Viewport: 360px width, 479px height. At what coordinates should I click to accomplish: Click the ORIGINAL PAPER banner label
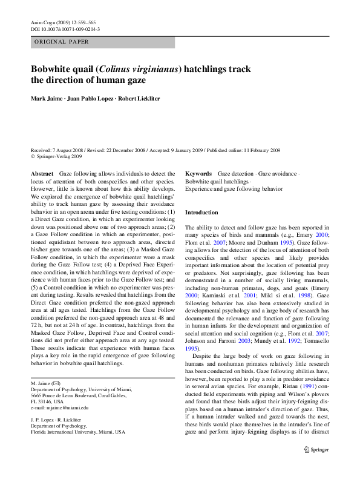click(61, 42)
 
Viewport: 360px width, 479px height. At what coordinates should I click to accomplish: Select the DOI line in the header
click(65, 29)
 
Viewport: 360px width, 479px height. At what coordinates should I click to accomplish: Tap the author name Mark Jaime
click(47, 99)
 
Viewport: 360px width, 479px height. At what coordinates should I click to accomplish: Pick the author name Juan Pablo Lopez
click(90, 99)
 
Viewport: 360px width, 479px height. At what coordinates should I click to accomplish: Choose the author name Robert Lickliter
click(139, 99)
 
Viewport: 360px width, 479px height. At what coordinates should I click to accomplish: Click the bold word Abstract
click(42, 174)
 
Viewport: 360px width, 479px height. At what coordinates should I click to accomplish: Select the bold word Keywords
click(198, 174)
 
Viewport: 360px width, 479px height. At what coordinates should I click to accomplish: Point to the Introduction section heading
click(201, 213)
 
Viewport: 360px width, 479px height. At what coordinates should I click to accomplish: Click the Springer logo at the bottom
click(316, 450)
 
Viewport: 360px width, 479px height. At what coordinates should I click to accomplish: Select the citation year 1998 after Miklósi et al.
click(304, 296)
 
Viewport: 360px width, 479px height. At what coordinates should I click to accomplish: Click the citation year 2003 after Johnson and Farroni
click(244, 341)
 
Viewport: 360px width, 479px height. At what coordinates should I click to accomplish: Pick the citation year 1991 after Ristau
click(309, 386)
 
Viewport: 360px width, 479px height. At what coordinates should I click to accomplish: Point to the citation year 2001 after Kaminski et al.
click(250, 296)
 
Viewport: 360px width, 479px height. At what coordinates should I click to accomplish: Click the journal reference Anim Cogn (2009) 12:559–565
click(63, 23)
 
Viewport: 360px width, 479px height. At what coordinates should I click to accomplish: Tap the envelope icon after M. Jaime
click(57, 383)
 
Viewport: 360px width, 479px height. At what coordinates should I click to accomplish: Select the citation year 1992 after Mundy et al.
click(294, 341)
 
